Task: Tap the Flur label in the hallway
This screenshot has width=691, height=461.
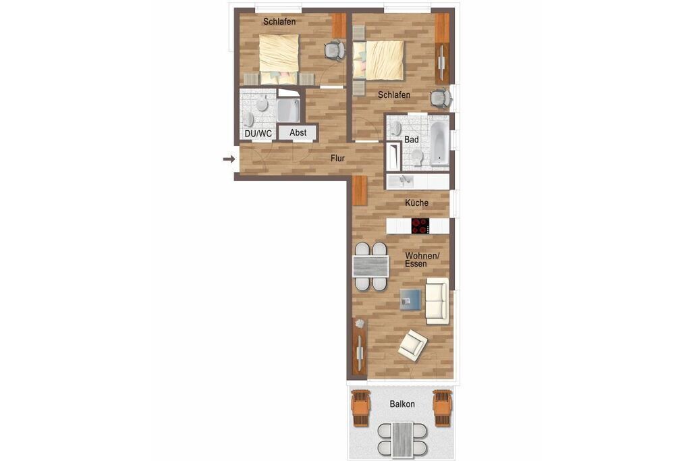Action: click(337, 159)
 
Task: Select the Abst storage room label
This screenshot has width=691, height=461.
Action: click(298, 132)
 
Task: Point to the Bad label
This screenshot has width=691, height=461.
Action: click(411, 140)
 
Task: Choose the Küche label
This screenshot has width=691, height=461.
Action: click(417, 202)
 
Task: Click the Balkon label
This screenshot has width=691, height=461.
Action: click(402, 404)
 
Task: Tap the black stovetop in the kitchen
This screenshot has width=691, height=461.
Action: click(420, 226)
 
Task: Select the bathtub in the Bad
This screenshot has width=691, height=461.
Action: click(439, 144)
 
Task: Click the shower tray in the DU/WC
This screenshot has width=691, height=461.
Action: click(289, 111)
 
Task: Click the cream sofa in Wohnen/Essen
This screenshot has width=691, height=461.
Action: click(437, 301)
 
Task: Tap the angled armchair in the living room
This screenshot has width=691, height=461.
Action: click(412, 345)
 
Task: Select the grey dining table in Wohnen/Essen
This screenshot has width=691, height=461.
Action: click(370, 266)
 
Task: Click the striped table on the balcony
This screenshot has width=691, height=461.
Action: click(402, 439)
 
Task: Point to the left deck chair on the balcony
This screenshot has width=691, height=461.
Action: click(360, 408)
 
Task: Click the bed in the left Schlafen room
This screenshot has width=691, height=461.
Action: click(279, 59)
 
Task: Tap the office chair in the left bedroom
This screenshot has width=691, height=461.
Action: click(334, 50)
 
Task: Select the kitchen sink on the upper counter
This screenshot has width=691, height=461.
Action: click(405, 181)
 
